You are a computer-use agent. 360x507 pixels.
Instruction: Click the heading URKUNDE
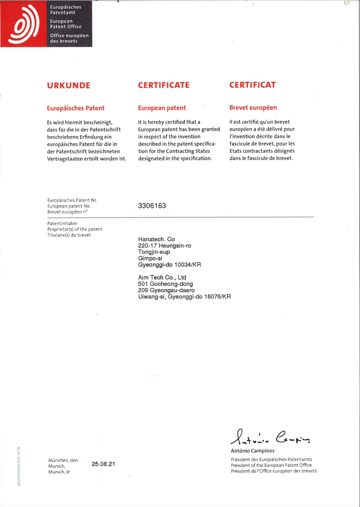pos(69,85)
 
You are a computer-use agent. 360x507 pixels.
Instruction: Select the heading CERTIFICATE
pos(164,85)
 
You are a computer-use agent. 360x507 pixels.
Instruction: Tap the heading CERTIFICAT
pos(252,85)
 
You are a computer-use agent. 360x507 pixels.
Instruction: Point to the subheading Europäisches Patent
pos(75,108)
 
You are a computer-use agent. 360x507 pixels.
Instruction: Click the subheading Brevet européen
pos(253,108)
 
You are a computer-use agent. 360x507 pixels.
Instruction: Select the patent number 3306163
pos(152,206)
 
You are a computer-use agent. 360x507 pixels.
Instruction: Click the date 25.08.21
pos(103,464)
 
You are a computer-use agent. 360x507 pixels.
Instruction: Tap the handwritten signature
pos(269,437)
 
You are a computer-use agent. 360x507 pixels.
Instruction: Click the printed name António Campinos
pos(252,451)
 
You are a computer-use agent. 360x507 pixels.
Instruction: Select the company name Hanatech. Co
pos(156,239)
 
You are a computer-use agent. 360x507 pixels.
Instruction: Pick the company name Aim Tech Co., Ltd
pos(162,277)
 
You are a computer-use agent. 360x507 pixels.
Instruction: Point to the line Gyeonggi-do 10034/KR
pos(169,265)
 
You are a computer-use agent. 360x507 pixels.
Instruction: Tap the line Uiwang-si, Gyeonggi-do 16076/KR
pos(184,296)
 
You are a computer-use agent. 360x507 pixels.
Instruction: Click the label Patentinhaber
pos(62,223)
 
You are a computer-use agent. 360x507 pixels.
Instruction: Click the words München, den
pos(63,460)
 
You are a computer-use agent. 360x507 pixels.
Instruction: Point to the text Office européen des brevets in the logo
pos(69,38)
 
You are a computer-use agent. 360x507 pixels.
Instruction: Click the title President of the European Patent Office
pos(271,465)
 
